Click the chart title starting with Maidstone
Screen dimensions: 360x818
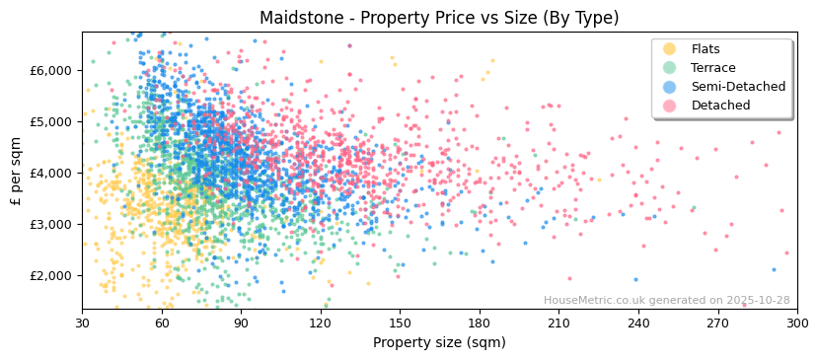click(439, 18)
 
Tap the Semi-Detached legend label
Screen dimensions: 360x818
click(738, 87)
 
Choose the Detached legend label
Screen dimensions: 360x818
click(720, 106)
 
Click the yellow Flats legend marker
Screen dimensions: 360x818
click(669, 49)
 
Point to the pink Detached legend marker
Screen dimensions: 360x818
click(669, 106)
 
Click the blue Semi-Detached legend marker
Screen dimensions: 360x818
click(669, 87)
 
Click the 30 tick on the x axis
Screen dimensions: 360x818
click(82, 324)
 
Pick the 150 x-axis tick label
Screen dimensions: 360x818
click(400, 324)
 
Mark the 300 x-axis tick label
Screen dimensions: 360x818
click(796, 324)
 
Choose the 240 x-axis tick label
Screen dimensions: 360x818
click(638, 324)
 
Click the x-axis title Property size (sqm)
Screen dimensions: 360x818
click(439, 343)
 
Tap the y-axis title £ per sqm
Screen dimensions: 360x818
click(16, 173)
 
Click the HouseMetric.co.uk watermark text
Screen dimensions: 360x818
click(666, 301)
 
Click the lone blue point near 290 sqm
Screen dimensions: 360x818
click(774, 269)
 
